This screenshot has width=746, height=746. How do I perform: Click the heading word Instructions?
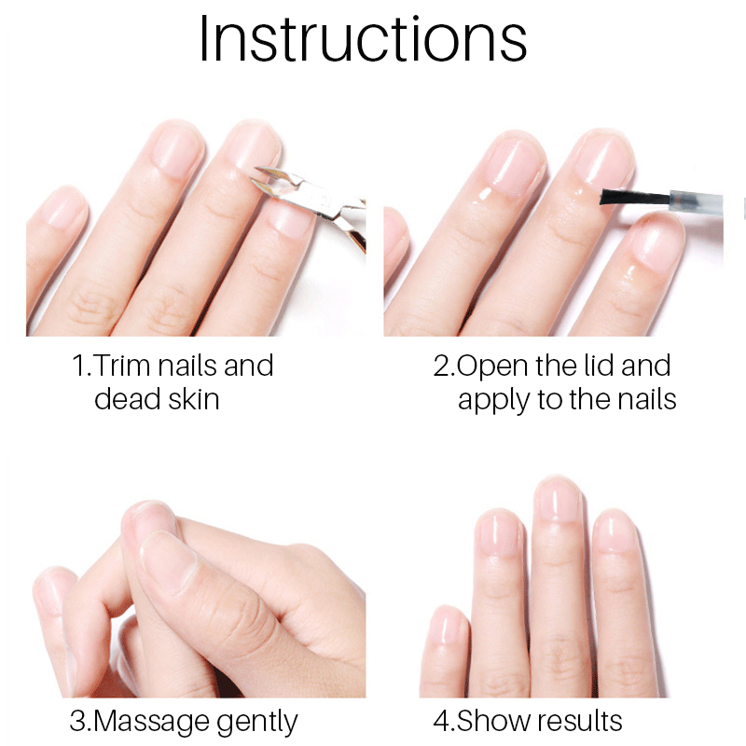pos(363,39)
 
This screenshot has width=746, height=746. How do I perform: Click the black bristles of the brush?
pos(635,197)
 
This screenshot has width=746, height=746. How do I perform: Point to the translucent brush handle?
pos(697,200)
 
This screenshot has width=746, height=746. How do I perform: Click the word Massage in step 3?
pos(151,722)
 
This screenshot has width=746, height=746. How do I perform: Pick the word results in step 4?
pos(580,721)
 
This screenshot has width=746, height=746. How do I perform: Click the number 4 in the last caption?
pos(442,721)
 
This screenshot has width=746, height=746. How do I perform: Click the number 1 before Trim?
pos(78,366)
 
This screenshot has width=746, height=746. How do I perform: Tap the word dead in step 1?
pos(127,399)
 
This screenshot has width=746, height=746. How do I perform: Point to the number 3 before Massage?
pos(77,721)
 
